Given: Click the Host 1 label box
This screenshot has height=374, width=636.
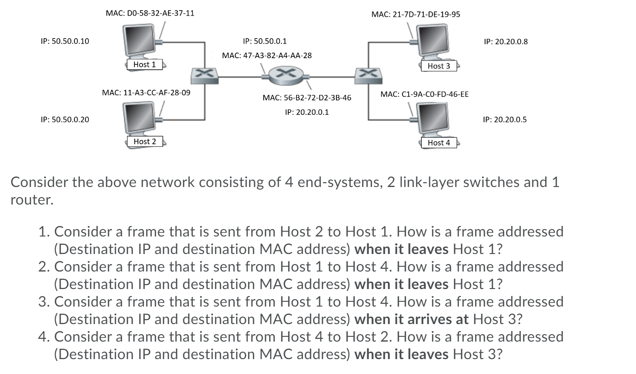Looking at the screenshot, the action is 145,64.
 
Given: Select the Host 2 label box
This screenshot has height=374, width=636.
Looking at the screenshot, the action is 145,141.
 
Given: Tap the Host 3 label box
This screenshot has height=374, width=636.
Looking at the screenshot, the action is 439,66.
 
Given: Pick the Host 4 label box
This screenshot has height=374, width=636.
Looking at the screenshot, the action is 439,143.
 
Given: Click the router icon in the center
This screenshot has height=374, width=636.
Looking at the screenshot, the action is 286,75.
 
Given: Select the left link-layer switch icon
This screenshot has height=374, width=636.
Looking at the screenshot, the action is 205,76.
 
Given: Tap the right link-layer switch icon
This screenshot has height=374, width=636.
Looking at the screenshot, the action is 368,76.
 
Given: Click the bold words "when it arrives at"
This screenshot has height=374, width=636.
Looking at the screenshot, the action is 412,319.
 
